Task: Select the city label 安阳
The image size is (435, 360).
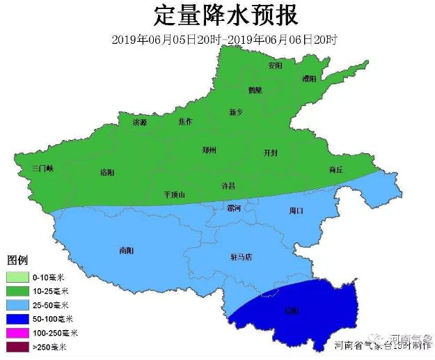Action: [x=275, y=65]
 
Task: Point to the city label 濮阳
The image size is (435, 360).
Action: [x=309, y=79]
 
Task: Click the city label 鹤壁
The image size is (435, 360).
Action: [x=255, y=90]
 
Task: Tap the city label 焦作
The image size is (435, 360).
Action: [x=185, y=121]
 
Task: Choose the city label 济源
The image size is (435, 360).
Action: [x=140, y=123]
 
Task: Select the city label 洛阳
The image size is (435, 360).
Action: [x=107, y=172]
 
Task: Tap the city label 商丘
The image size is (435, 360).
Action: [x=336, y=170]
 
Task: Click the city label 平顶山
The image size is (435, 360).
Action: [x=174, y=195]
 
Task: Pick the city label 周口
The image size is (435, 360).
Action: [x=296, y=210]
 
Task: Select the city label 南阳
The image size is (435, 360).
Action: [x=127, y=249]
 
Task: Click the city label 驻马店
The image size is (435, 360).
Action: [x=241, y=257]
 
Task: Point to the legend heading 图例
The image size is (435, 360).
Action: [x=17, y=260]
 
